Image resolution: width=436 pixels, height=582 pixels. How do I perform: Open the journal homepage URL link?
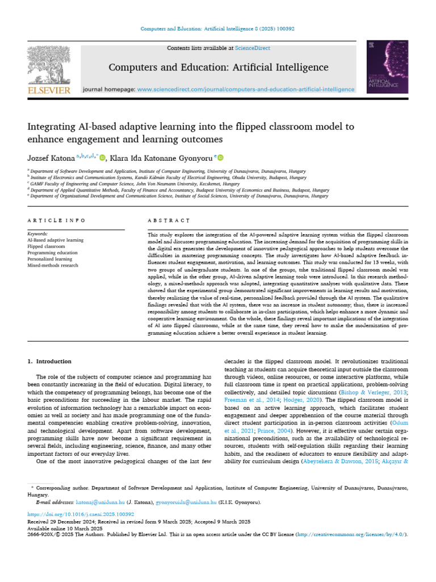246,89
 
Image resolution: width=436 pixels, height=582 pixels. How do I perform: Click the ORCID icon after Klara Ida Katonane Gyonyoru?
220,157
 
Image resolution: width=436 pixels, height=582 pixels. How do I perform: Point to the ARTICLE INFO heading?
56,220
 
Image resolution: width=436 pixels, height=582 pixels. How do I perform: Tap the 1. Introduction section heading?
50,361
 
